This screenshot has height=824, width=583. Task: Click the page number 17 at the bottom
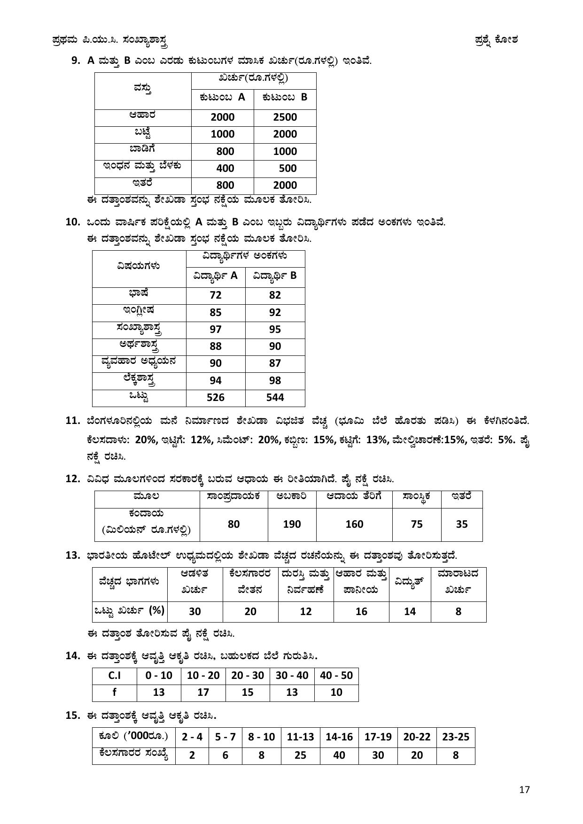coord(524,789)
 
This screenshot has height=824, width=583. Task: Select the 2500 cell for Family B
coord(285,117)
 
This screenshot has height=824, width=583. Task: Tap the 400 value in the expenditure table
coord(222,168)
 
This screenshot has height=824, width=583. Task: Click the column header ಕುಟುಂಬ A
coord(222,97)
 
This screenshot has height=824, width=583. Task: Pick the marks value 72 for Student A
coord(216,295)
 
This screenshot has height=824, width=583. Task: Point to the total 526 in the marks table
coord(216,397)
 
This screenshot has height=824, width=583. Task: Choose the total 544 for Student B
coord(275,397)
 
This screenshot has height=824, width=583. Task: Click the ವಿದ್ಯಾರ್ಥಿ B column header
coord(275,276)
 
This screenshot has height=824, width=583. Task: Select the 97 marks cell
coord(216,329)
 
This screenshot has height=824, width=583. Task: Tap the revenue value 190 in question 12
coord(292,524)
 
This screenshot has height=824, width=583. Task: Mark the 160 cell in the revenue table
coord(354,524)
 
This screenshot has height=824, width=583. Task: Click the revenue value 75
coord(417,524)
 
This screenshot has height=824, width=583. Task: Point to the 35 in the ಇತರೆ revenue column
coord(462,524)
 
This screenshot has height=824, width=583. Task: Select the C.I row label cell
coord(114,676)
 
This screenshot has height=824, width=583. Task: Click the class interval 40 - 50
coord(336,676)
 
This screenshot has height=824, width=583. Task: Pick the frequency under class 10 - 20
coord(203,692)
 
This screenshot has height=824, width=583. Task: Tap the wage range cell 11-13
coord(300,737)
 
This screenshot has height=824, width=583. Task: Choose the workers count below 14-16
coord(339,755)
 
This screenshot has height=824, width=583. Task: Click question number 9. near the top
coord(76,60)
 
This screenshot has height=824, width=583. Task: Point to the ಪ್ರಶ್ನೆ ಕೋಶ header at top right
coord(496,40)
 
